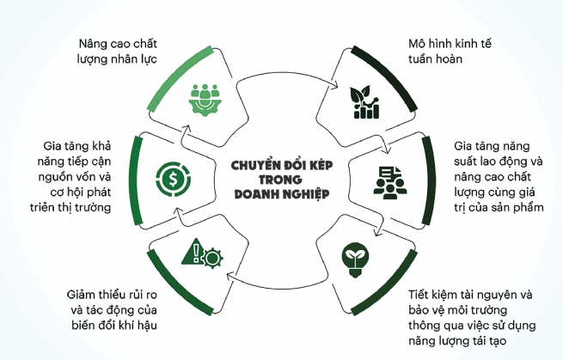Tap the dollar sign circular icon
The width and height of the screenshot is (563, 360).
168,179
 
